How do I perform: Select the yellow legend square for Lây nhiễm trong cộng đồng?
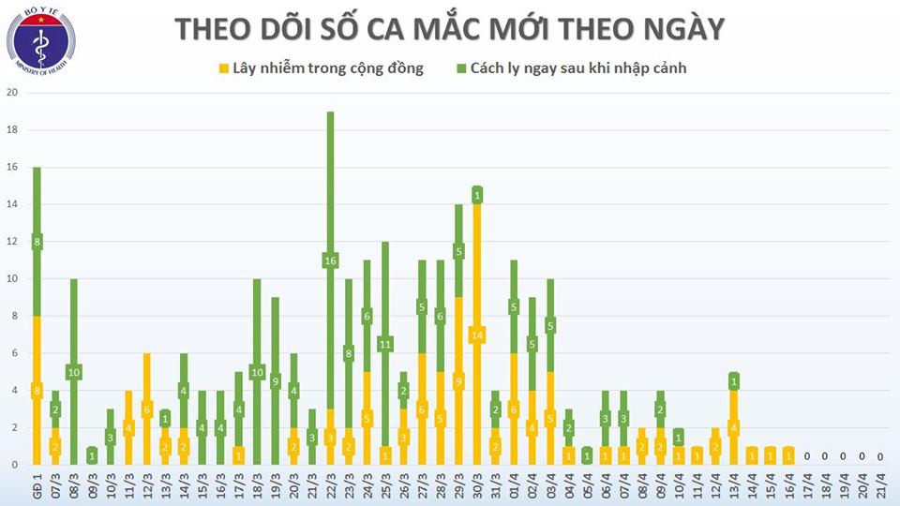224,68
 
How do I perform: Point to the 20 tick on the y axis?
12,93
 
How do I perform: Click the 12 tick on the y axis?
12,242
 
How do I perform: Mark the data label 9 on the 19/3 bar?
275,381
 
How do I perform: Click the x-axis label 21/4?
879,487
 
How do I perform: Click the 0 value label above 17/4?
807,456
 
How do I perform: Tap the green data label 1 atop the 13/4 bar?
734,381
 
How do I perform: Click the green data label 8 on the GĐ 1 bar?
37,242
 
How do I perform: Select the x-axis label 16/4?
787,487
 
